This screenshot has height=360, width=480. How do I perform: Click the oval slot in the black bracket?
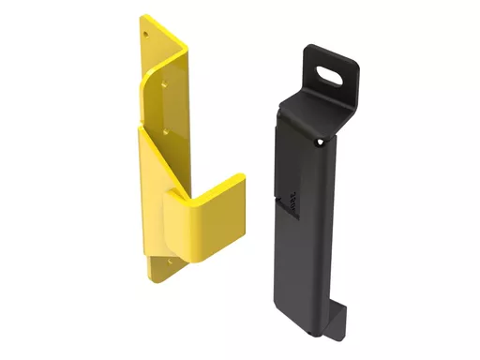click(x=330, y=72)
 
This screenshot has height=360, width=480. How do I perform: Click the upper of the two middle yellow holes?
click(x=166, y=82)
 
